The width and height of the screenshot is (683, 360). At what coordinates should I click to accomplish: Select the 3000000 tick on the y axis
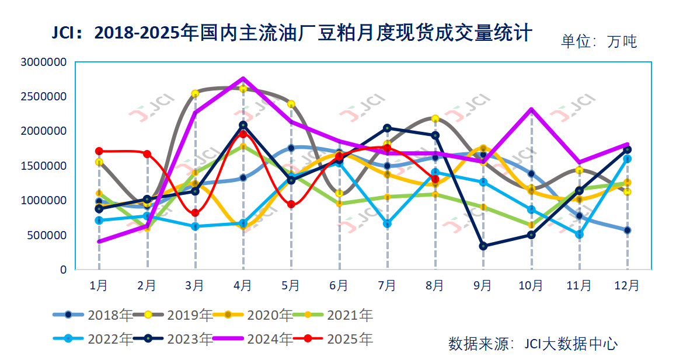43,62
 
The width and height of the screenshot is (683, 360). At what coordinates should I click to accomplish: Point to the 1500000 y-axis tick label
43,166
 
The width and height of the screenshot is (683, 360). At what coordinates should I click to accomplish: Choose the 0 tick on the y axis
63,270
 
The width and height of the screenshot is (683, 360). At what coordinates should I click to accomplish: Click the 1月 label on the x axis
99,285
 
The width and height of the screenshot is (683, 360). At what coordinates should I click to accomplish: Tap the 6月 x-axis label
339,285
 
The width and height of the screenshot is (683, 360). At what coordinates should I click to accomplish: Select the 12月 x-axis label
626,285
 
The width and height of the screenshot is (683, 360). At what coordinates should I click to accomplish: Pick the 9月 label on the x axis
483,285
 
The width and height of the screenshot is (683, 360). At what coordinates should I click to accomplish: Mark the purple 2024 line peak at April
243,78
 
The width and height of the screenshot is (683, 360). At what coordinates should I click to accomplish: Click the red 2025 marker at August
435,179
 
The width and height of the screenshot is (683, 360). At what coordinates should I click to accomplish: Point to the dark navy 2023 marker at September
483,246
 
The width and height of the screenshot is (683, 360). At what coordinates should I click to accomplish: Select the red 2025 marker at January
99,151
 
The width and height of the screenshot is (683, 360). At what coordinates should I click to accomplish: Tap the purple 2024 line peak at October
531,109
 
